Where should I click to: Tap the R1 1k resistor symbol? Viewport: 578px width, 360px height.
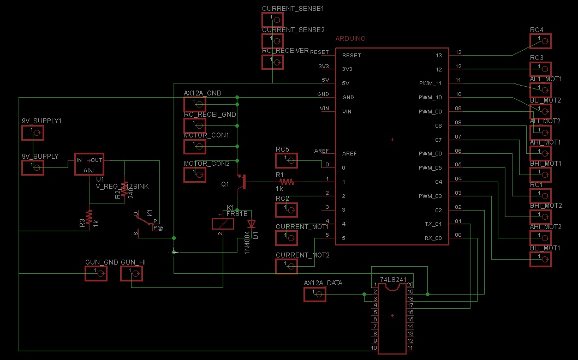click(287, 182)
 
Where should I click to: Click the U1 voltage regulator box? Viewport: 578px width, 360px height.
click(89, 164)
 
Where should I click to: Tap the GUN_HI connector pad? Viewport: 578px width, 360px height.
click(132, 274)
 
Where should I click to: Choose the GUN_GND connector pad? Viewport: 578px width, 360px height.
click(96, 274)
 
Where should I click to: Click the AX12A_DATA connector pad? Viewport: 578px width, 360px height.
click(314, 295)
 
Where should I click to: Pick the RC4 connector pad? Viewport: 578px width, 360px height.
click(540, 41)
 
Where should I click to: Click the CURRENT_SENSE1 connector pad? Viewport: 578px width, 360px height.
click(273, 20)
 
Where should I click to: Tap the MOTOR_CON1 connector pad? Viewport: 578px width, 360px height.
click(195, 146)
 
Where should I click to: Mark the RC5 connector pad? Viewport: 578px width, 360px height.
click(287, 160)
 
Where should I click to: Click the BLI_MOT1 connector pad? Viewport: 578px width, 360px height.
click(540, 259)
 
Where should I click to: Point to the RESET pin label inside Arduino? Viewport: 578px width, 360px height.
click(351, 56)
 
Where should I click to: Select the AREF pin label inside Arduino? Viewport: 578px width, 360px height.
click(349, 154)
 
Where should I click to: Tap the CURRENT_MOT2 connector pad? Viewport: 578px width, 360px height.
click(287, 266)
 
